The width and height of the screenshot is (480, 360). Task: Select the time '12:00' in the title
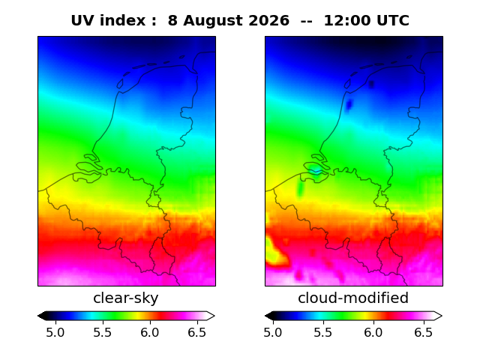347,21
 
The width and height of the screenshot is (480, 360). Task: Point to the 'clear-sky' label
126,298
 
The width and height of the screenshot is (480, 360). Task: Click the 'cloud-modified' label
353,298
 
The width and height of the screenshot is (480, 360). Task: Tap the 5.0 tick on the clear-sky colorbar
55,332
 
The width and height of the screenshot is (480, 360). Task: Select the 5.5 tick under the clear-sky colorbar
103,332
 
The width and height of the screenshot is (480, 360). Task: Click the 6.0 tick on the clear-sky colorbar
150,332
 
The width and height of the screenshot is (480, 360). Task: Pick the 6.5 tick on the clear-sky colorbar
196,332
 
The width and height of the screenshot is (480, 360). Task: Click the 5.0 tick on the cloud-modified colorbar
273,332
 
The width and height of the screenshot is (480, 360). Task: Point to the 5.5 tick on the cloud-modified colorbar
323,332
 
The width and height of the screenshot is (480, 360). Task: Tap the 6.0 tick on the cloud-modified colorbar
373,332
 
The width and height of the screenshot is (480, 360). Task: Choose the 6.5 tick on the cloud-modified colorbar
424,332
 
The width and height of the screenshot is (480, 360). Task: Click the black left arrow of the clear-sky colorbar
43,316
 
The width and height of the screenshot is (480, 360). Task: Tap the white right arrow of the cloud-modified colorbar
438,316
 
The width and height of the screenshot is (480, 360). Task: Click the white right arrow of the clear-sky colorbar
210,316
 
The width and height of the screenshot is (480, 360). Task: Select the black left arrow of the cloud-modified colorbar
270,316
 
